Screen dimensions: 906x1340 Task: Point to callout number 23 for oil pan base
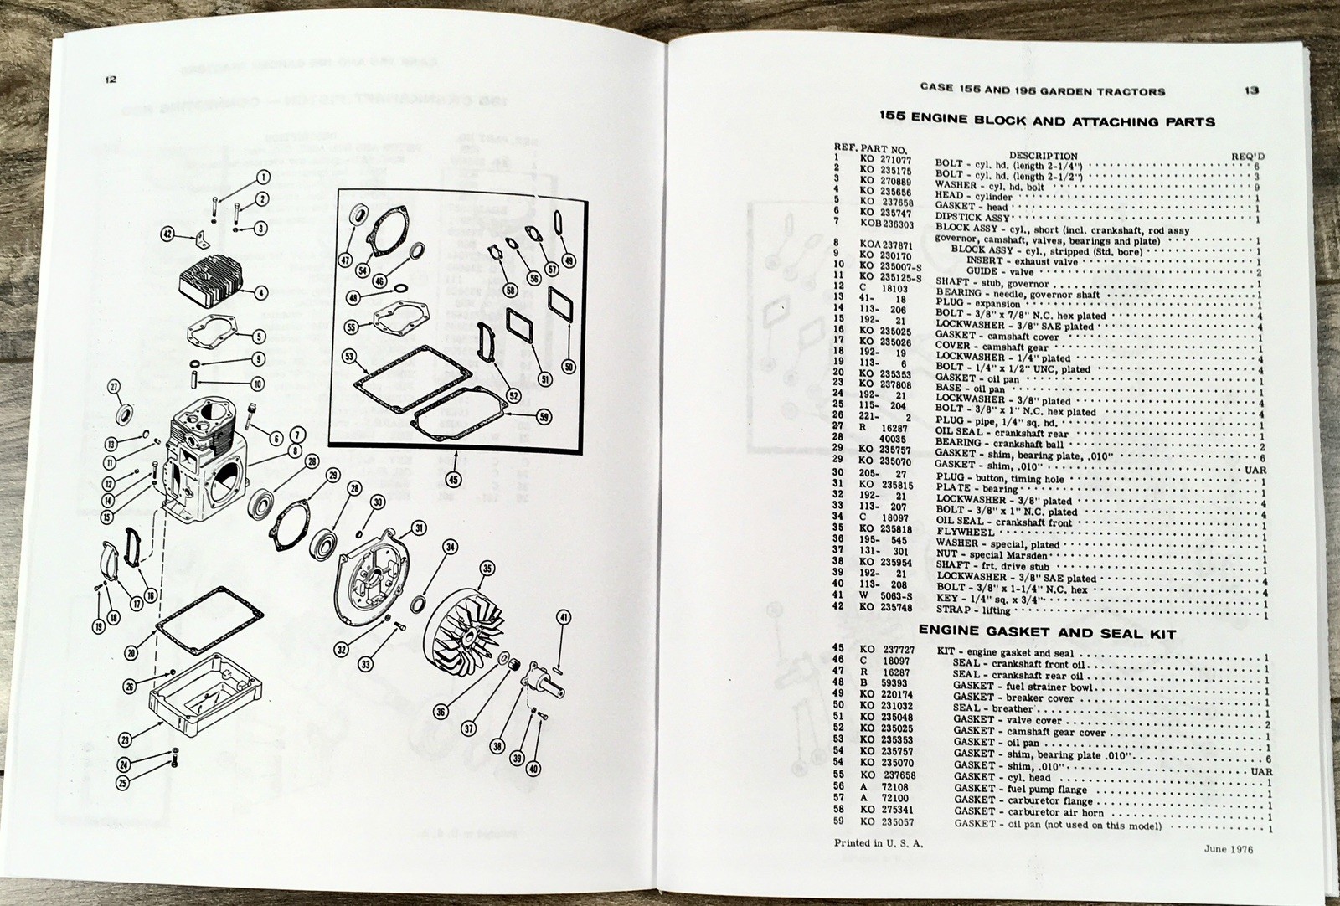pyautogui.click(x=125, y=739)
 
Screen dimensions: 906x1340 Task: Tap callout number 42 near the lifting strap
pyautogui.click(x=169, y=234)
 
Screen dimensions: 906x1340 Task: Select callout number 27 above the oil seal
pyautogui.click(x=115, y=386)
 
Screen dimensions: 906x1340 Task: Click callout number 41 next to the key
pyautogui.click(x=564, y=618)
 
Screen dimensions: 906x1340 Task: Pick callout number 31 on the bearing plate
pyautogui.click(x=418, y=527)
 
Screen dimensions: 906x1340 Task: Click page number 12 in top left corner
pyautogui.click(x=111, y=80)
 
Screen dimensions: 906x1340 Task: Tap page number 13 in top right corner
pyautogui.click(x=1250, y=90)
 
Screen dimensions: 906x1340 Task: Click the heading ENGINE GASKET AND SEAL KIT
pyautogui.click(x=1047, y=634)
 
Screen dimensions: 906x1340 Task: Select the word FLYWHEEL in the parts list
pyautogui.click(x=966, y=533)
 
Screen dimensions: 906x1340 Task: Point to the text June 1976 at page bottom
pyautogui.click(x=1229, y=848)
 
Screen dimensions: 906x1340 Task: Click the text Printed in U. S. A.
pyautogui.click(x=878, y=843)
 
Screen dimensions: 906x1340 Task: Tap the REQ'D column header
pyautogui.click(x=1249, y=156)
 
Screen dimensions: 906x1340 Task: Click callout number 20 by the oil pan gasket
pyautogui.click(x=131, y=652)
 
